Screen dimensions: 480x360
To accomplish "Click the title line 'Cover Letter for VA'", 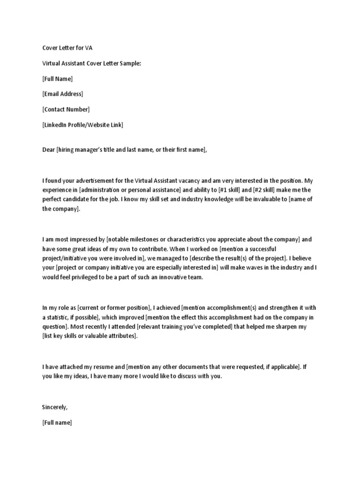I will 70,48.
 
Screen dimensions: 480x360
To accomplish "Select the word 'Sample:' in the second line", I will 130,63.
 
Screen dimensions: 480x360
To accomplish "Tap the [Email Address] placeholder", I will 62,94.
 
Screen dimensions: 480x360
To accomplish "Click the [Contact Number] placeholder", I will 66,109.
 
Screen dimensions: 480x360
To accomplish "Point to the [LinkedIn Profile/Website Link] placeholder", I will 83,125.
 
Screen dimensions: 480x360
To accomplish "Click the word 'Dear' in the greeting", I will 48,150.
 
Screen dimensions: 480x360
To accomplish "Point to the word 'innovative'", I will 151,277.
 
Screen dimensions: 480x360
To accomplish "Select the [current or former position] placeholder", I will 114,308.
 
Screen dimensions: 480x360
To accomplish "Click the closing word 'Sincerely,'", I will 55,407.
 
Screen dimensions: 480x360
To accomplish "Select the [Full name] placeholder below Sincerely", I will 57,422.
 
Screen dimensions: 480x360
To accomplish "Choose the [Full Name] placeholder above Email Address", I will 58,79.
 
